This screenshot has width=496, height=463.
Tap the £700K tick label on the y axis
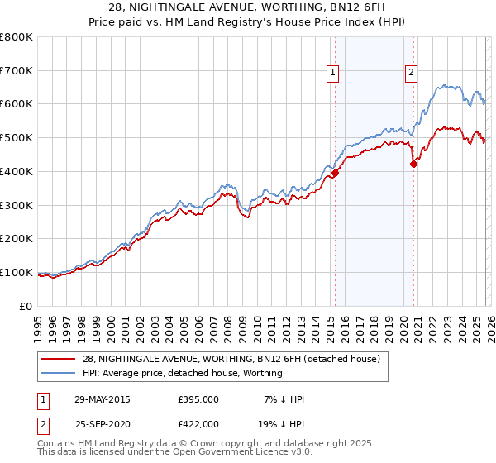point(17,70)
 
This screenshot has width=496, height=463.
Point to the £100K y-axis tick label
point(17,272)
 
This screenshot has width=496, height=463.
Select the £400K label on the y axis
point(17,171)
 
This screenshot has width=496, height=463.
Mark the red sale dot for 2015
point(335,173)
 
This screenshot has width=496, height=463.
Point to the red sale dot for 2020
point(413,164)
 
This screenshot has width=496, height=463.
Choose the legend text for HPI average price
point(182,373)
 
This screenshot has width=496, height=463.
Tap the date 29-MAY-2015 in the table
point(102,399)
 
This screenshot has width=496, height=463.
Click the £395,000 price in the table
point(198,399)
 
